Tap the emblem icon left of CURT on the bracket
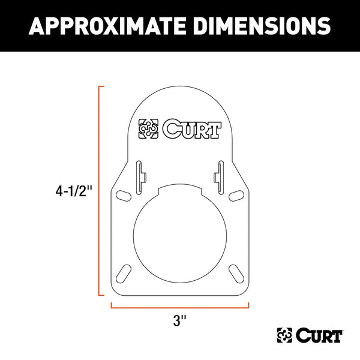click(149, 130)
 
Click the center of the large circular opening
click(179, 233)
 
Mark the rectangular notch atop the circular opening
click(179, 193)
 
